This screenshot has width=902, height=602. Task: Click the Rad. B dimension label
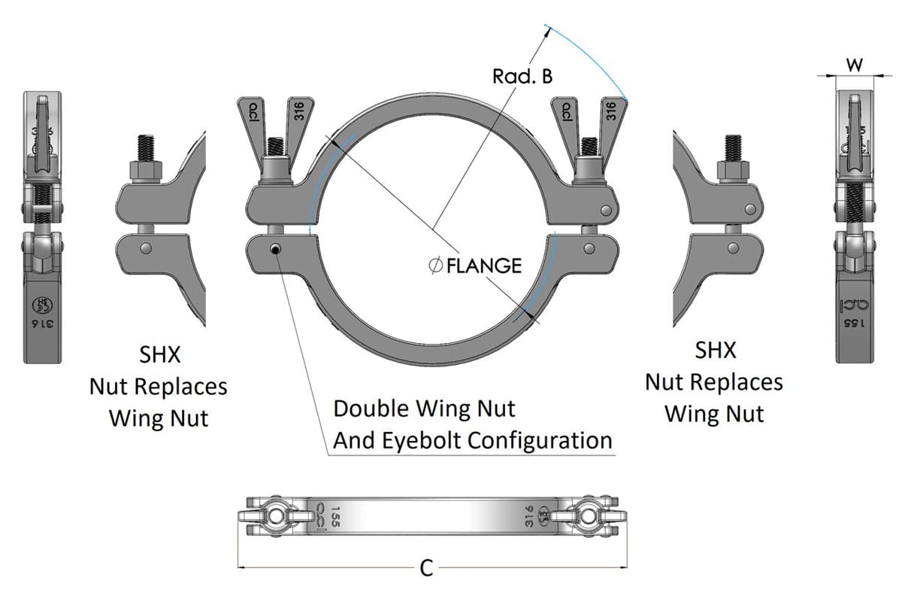[x=522, y=76]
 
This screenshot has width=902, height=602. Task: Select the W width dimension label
[x=855, y=65]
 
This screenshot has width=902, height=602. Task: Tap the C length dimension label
[x=426, y=568]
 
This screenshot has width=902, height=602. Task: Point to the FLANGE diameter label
[x=474, y=266]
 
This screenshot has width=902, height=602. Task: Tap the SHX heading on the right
[x=715, y=350]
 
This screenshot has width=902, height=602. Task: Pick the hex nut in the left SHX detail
[x=147, y=171]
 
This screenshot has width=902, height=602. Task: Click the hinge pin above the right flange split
[x=604, y=208]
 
